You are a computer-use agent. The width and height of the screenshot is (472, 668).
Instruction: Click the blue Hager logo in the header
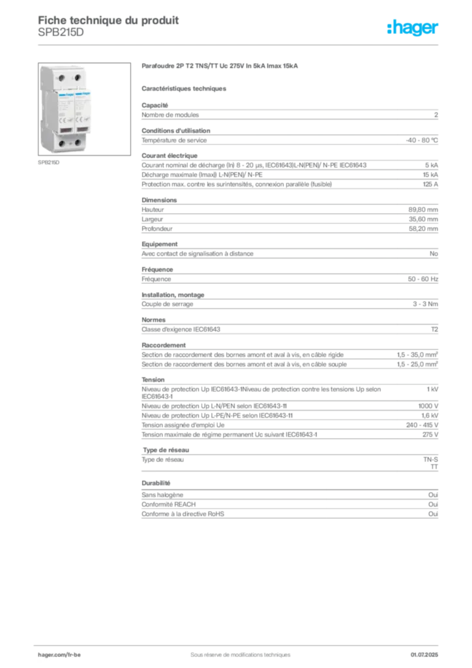413,27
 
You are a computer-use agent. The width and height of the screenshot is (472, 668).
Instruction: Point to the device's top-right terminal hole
78,78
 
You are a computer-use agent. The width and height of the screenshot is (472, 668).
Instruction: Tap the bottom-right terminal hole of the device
78,143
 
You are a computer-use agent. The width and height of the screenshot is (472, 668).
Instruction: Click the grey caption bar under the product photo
50,163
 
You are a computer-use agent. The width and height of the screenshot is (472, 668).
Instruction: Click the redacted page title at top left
108,20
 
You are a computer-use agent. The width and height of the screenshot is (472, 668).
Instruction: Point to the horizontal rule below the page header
240,44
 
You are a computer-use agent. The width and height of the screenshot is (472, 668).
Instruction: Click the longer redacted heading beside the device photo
222,67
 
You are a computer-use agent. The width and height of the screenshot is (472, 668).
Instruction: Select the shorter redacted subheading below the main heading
184,88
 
